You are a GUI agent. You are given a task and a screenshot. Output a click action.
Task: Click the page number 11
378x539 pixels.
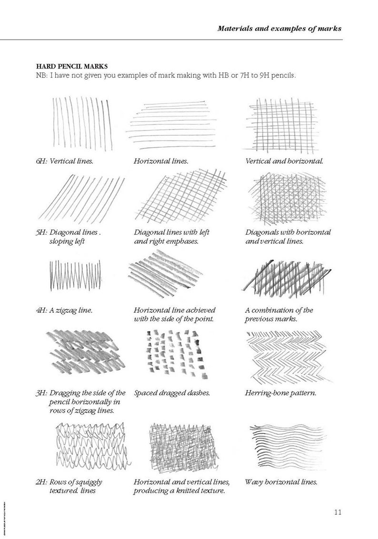click(338, 512)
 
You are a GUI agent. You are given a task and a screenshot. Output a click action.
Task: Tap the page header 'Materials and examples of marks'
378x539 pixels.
click(279, 28)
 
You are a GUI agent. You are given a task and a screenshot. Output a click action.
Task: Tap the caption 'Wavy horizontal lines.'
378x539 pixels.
click(281, 482)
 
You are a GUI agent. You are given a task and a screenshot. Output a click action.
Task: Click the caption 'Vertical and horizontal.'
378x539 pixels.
click(285, 161)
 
